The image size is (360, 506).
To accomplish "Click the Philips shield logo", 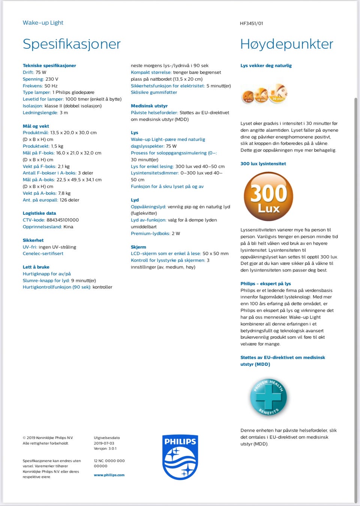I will click(180, 457).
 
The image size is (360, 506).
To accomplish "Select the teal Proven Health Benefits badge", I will click(268, 397).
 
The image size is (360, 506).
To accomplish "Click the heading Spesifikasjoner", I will click(72, 44).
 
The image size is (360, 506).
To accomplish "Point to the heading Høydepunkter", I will click(286, 44).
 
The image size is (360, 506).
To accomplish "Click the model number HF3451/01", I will click(251, 23).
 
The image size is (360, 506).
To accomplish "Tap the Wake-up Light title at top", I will click(43, 22).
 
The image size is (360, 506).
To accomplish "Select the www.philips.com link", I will click(109, 475).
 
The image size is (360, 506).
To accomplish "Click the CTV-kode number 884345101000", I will click(63, 220).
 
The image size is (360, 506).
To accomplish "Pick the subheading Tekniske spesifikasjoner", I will click(49, 66).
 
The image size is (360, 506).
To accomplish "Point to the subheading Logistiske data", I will click(39, 213).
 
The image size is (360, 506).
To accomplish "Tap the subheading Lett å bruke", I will click(36, 267).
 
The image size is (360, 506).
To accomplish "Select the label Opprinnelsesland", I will click(42, 227).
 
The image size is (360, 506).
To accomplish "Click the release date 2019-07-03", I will click(104, 443).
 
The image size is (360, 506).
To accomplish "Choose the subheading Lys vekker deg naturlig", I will click(266, 66).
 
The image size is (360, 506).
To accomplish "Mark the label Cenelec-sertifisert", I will click(43, 254).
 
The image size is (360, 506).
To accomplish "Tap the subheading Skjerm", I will click(138, 247).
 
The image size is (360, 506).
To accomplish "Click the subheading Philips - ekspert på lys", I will click(265, 284).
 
